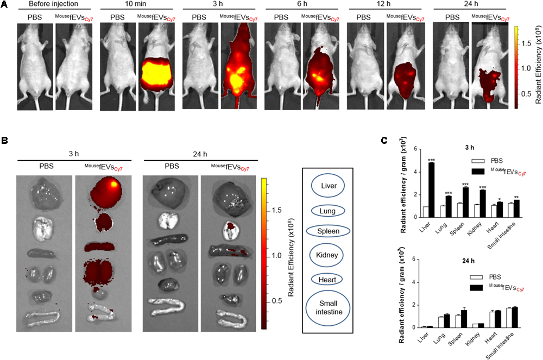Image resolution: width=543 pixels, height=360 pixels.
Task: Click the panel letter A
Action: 4,4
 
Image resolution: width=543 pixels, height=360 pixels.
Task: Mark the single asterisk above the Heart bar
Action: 498,199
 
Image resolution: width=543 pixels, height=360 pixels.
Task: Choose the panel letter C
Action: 384,140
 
